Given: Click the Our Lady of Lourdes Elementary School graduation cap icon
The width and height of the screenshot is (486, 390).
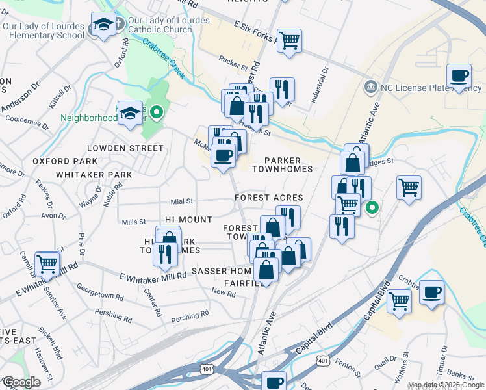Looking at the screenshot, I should [x=103, y=25].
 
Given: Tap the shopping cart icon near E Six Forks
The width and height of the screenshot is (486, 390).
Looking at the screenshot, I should [x=289, y=41].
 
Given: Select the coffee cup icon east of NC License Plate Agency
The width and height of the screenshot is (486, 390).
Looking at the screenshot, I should [x=459, y=75].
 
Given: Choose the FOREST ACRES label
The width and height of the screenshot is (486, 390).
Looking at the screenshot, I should [x=270, y=198].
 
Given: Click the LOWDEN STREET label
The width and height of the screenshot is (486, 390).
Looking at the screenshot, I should [x=124, y=148].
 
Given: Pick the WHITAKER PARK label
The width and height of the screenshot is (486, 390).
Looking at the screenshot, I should [x=94, y=175].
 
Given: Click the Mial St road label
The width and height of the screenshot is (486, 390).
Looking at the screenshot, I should [x=182, y=201].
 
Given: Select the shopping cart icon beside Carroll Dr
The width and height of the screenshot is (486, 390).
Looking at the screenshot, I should [x=47, y=264].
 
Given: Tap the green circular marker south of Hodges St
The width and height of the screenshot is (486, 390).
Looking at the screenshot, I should [x=372, y=208].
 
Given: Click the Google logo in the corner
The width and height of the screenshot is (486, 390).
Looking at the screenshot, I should [x=21, y=382].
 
